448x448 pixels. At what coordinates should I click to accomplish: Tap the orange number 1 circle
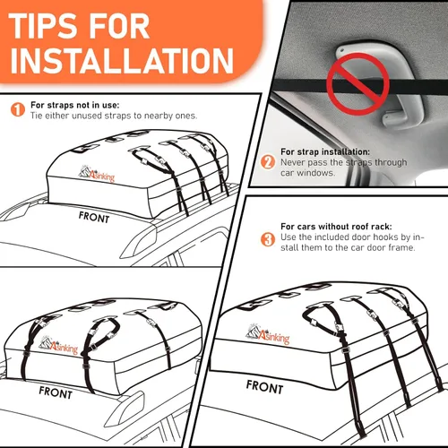click(16, 110)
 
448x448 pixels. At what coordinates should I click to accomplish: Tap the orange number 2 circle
click(267, 162)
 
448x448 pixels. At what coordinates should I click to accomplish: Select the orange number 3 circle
click(267, 239)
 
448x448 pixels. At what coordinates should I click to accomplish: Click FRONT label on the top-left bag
click(95, 216)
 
